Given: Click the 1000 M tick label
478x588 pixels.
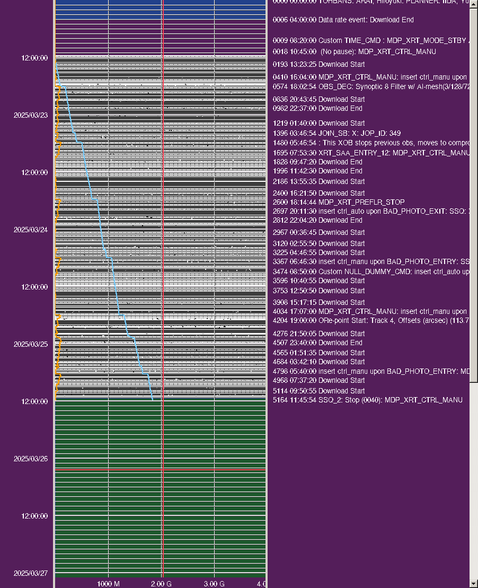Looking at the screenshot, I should click(x=108, y=583).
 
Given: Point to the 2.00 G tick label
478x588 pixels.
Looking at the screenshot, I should click(x=161, y=583).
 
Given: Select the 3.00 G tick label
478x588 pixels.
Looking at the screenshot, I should click(x=214, y=583).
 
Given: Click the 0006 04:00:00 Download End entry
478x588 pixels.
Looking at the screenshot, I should click(x=343, y=20).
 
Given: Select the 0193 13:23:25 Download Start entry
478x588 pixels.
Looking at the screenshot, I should click(x=318, y=64).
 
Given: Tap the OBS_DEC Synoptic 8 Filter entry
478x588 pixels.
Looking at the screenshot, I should click(x=371, y=86).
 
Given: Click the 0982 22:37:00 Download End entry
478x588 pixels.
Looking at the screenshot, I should click(x=317, y=108).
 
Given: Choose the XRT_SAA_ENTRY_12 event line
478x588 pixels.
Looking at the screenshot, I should click(x=371, y=153).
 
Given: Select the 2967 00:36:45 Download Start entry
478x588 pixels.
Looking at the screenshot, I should click(x=318, y=232).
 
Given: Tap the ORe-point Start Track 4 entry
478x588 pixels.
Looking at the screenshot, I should click(x=371, y=320).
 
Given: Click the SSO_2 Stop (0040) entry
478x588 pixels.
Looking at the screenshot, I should click(x=367, y=400).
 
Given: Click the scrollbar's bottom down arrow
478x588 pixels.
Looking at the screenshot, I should click(x=474, y=583).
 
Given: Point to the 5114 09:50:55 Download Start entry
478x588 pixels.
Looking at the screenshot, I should click(x=318, y=391).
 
